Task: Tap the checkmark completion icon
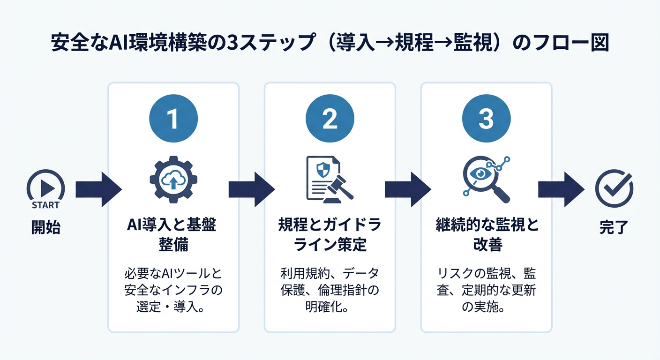[614, 189]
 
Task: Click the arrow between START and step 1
[98, 189]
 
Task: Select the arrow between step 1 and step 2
[252, 189]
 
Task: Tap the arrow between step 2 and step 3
[408, 189]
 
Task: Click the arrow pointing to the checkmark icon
[561, 189]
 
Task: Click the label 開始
[45, 228]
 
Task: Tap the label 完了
[613, 228]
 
